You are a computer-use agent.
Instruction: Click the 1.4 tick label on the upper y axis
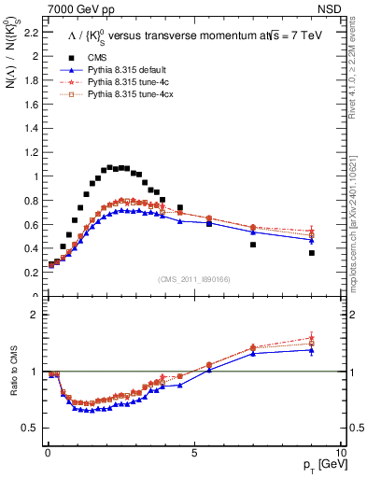[x=30, y=128]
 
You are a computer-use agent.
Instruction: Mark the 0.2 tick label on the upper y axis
[x=30, y=273]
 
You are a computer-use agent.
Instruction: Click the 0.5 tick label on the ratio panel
[x=30, y=428]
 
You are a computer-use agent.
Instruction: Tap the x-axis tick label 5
[x=193, y=452]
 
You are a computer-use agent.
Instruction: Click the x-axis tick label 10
[x=340, y=452]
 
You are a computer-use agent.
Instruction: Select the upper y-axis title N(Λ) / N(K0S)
[x=12, y=94]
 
